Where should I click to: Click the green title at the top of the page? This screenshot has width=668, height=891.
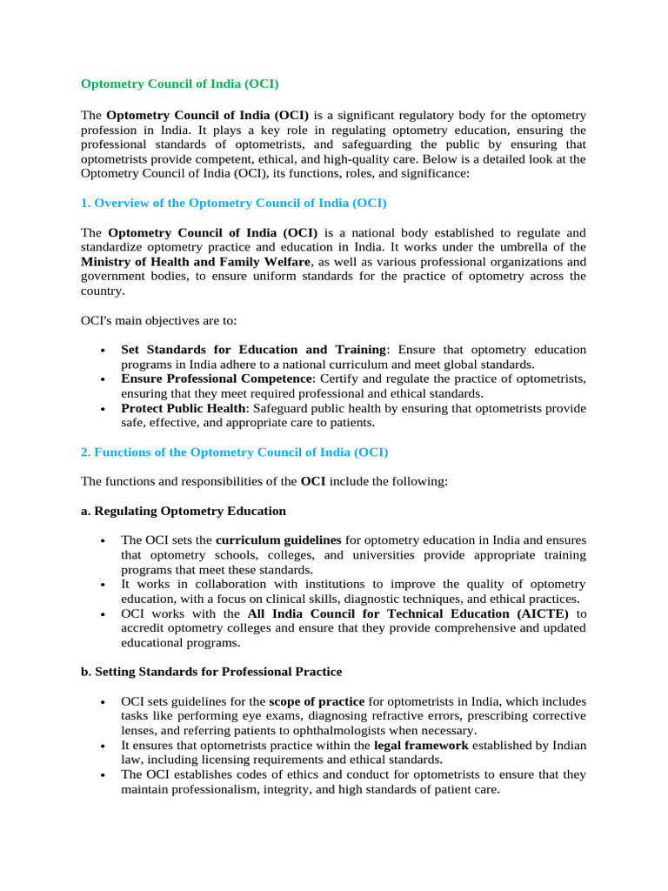179,84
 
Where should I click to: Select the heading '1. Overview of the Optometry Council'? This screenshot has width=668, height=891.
233,203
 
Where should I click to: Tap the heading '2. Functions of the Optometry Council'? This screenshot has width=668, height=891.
234,452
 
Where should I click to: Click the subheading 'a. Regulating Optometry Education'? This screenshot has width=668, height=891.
184,511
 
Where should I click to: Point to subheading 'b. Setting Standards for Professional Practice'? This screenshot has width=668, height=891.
211,672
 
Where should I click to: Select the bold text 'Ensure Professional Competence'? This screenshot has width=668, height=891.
217,379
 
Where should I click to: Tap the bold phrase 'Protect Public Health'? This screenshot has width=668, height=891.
184,408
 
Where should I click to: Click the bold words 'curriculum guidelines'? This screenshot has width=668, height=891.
278,540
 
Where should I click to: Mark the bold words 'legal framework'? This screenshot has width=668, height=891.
421,746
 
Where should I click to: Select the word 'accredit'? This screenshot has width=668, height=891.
143,628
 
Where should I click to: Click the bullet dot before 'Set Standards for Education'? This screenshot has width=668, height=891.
104,351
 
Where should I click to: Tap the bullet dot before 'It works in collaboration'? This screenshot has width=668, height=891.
104,585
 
